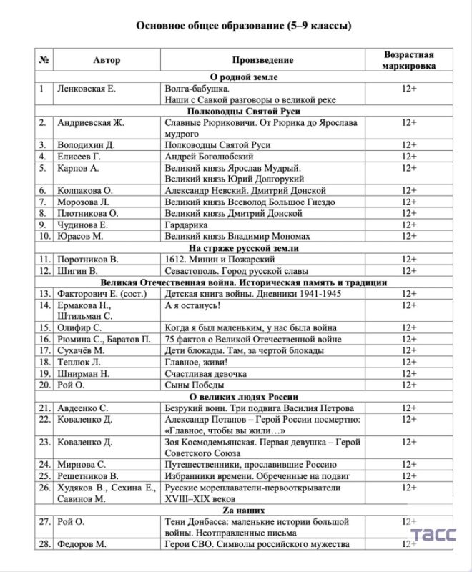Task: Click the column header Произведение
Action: tap(262, 60)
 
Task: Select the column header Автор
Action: tap(102, 60)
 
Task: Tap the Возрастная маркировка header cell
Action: tap(408, 60)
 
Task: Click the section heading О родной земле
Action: tap(243, 77)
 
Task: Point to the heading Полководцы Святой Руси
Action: tap(243, 112)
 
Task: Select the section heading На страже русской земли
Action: tap(243, 248)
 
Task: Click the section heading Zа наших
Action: tap(243, 511)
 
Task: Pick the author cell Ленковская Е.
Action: tap(86, 88)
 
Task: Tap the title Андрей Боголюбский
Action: tap(211, 157)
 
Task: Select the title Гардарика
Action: tap(187, 225)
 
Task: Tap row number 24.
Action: tap(44, 463)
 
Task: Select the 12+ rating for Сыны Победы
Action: tap(408, 385)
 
